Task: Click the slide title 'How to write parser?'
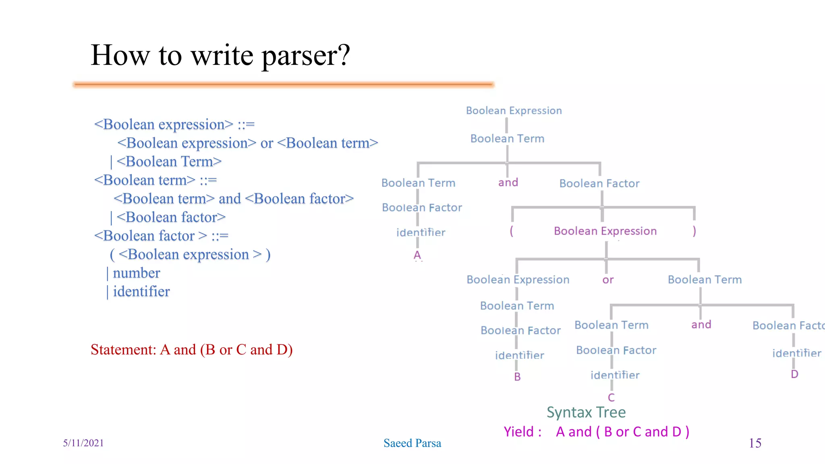click(220, 55)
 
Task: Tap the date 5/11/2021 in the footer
click(83, 443)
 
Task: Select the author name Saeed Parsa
click(412, 443)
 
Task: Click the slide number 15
click(755, 443)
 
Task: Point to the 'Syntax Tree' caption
click(586, 412)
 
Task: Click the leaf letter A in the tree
click(417, 255)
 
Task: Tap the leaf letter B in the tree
click(517, 377)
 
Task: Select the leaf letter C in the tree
click(611, 398)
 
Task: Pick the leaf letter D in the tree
click(794, 374)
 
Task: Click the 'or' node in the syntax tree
click(608, 280)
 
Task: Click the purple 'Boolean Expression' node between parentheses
click(605, 231)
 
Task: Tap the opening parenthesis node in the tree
click(512, 231)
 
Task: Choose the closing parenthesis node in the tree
click(694, 231)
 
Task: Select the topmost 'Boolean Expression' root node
click(514, 111)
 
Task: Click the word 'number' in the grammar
click(136, 273)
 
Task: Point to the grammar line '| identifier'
click(139, 292)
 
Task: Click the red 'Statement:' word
click(123, 350)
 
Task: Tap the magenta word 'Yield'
click(519, 432)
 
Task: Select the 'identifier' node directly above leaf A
click(421, 233)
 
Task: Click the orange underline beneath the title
click(284, 85)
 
